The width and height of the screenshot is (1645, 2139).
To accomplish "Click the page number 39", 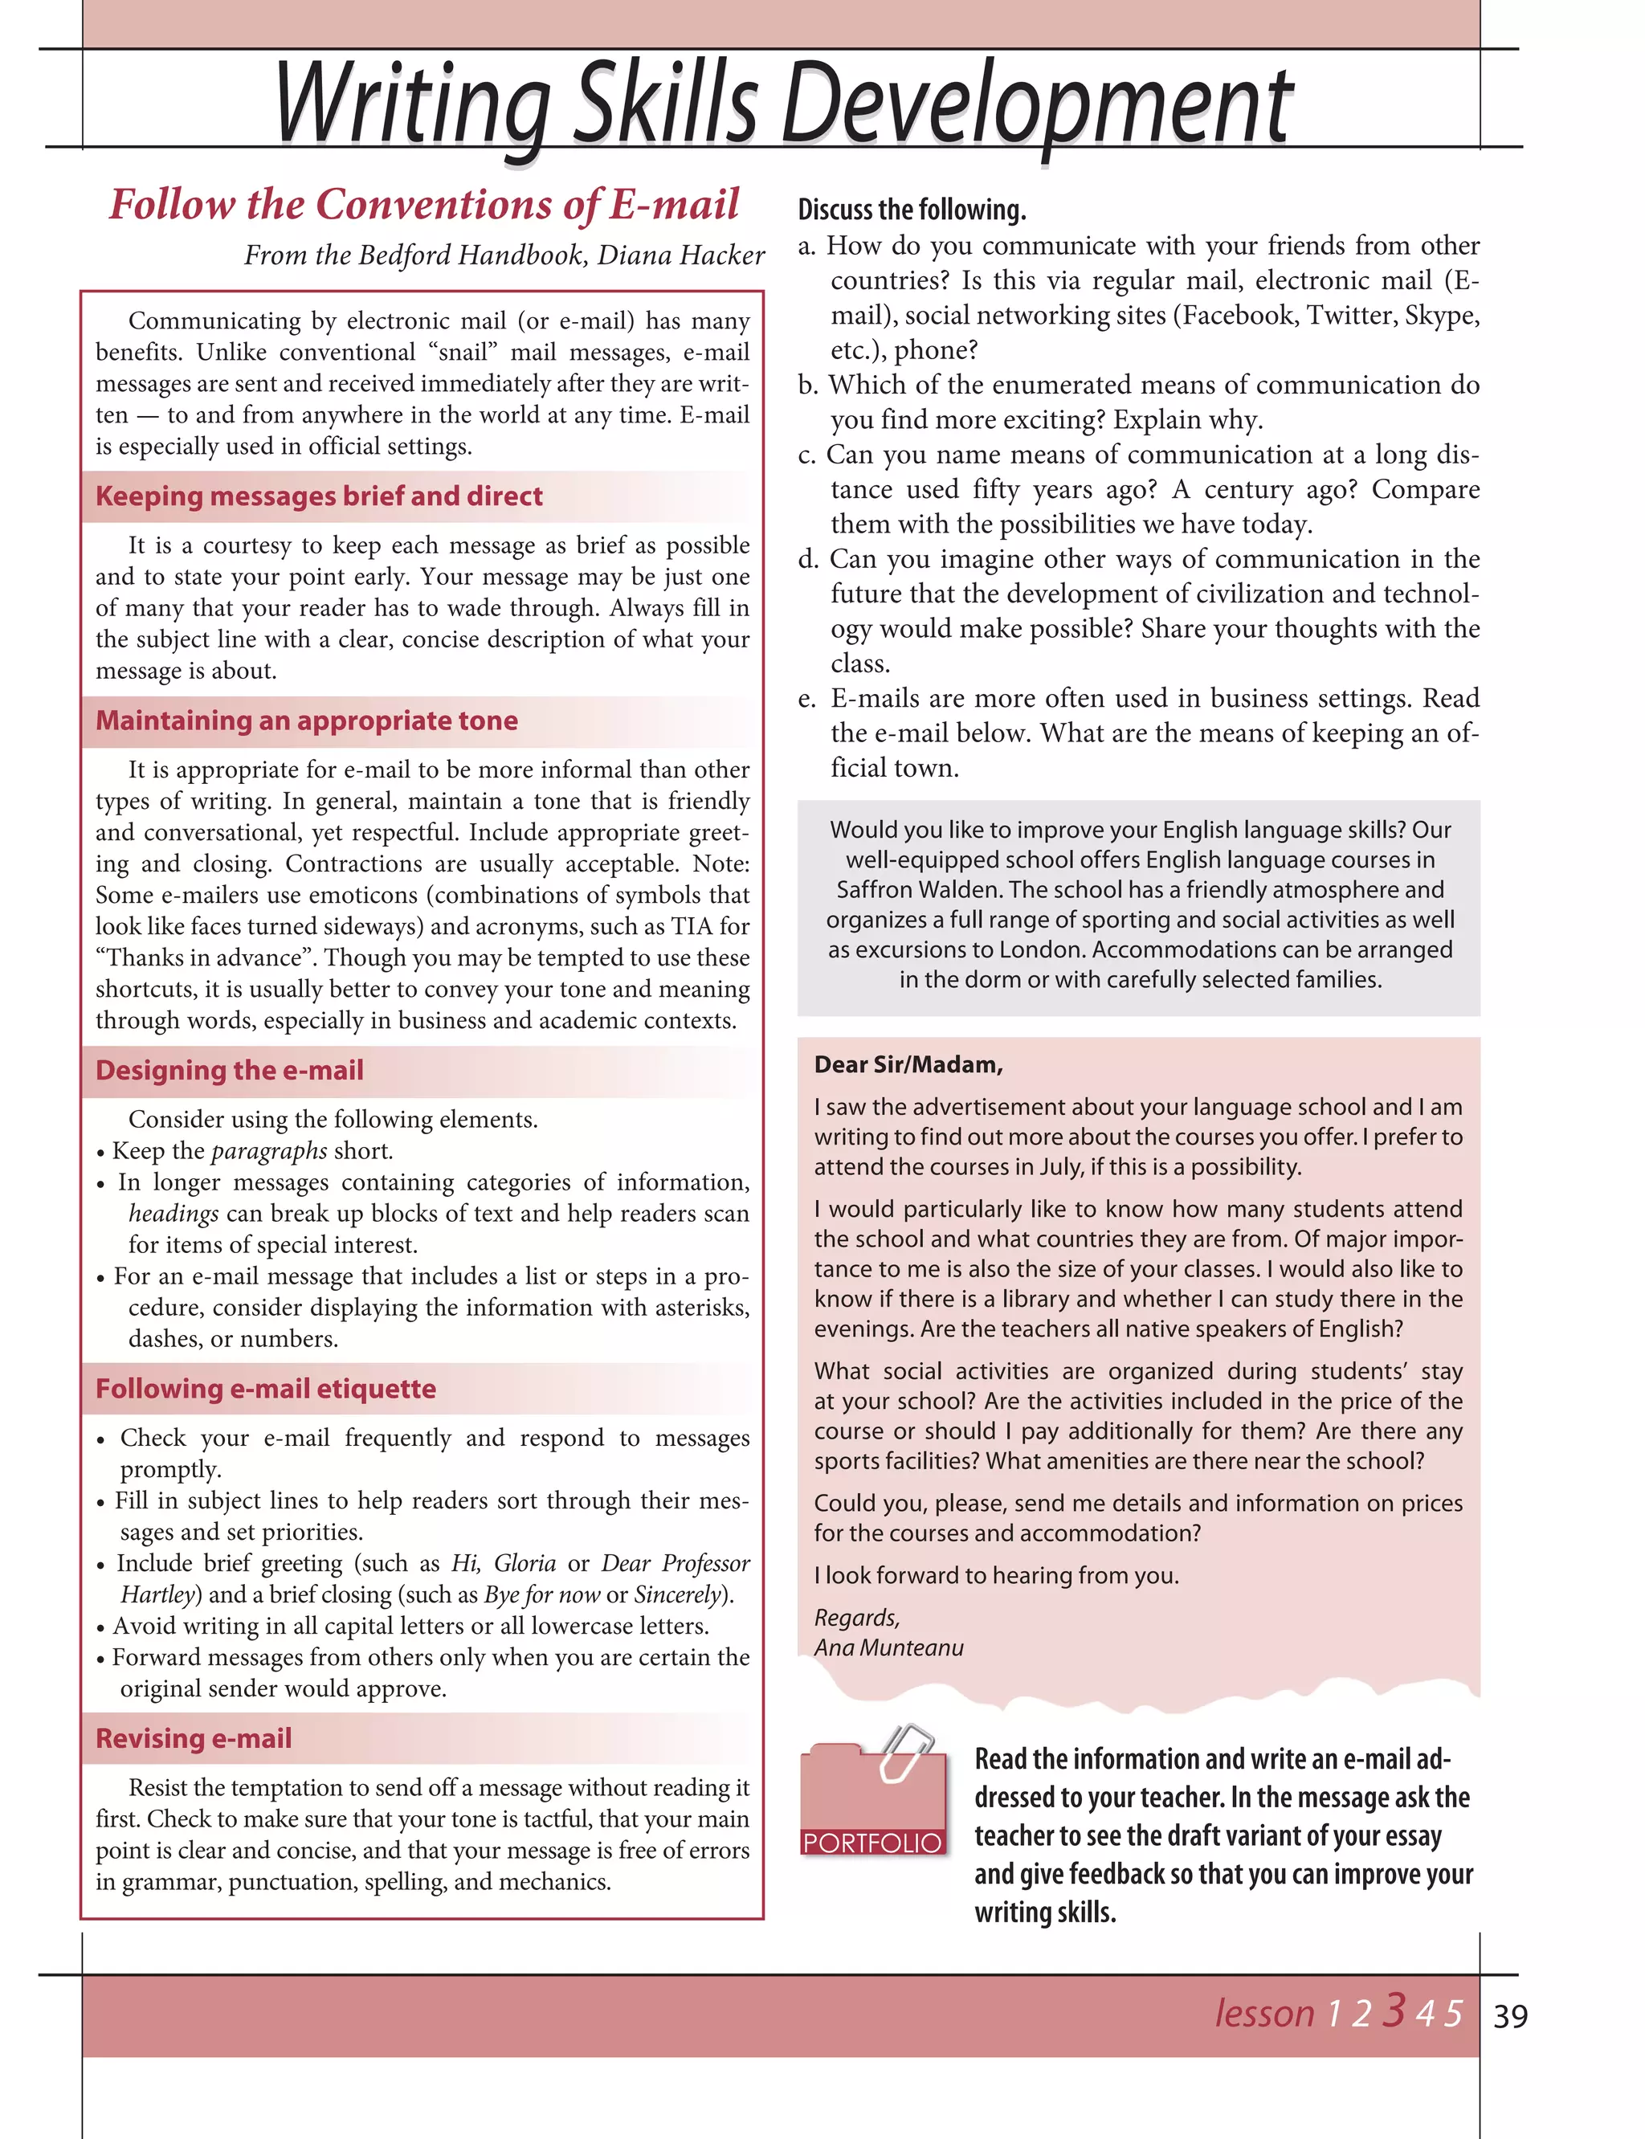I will (x=1510, y=2015).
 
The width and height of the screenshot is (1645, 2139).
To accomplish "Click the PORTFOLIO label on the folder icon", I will (x=871, y=1843).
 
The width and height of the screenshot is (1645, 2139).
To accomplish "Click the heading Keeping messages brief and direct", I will (x=318, y=496).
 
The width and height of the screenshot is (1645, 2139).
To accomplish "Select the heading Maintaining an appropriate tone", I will (x=307, y=720).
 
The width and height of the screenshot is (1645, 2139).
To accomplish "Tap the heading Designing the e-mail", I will (x=229, y=1070).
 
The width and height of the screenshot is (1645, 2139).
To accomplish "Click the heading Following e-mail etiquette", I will (x=265, y=1388).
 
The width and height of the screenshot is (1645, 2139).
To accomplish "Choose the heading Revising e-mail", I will (x=194, y=1737).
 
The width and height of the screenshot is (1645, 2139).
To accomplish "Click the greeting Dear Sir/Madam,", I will (x=908, y=1064).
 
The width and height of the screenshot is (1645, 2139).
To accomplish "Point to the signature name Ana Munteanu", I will (x=888, y=1647).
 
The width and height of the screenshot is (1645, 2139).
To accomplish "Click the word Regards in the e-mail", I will (x=855, y=1617).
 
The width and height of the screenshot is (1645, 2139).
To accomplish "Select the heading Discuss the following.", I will (x=912, y=210).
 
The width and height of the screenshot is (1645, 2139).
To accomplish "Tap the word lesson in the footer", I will (x=1264, y=2014).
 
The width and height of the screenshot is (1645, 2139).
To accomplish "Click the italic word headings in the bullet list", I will (x=173, y=1214).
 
